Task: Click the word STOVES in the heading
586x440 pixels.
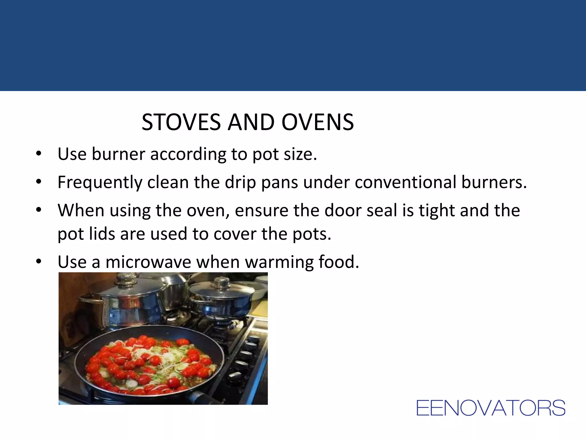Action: (x=181, y=122)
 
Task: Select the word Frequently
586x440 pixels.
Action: (x=100, y=182)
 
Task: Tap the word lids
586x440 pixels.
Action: (x=102, y=234)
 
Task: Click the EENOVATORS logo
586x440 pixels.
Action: (x=490, y=408)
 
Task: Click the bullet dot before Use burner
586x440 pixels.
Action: (x=39, y=154)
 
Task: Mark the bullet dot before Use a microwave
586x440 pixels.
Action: (x=39, y=262)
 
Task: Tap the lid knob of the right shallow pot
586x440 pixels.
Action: (x=222, y=283)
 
